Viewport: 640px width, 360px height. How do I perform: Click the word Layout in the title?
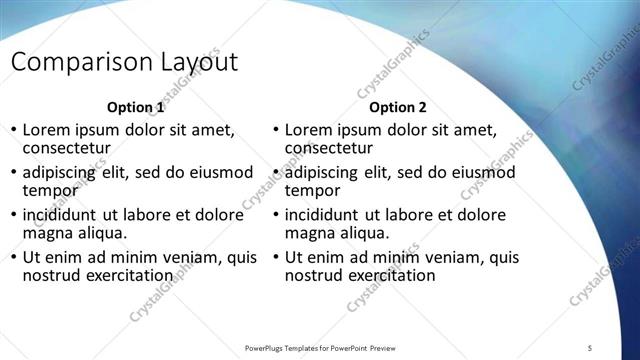coord(198,62)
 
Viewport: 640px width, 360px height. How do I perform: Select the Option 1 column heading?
coord(135,107)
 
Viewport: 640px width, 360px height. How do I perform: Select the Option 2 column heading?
coord(397,107)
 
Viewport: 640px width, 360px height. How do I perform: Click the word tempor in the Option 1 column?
coord(50,190)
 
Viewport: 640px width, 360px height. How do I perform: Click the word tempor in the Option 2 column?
coord(312,190)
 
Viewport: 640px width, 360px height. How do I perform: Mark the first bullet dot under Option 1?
coord(13,130)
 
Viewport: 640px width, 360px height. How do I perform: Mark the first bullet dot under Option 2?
coord(275,130)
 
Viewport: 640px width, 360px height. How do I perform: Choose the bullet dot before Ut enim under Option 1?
coord(13,258)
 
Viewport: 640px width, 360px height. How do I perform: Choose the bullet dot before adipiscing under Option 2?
coord(275,173)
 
